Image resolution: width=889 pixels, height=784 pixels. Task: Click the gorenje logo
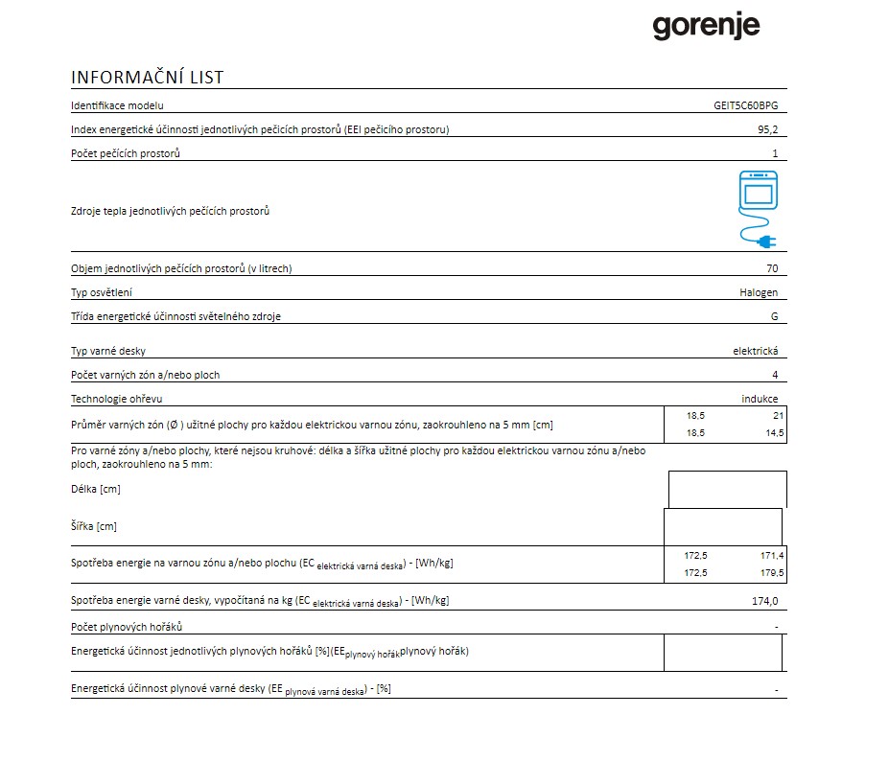[x=706, y=26]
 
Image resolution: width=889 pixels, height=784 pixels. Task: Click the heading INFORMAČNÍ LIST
[x=147, y=78]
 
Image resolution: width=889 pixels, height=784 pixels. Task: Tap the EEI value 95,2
[x=767, y=129]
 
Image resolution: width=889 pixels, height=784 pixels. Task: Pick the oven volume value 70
[x=772, y=268]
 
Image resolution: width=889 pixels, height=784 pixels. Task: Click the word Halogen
[x=760, y=292]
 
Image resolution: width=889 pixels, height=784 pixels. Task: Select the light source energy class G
[x=774, y=316]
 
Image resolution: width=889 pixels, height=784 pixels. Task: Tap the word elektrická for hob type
[x=756, y=351]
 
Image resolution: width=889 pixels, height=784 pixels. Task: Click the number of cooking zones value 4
[x=775, y=375]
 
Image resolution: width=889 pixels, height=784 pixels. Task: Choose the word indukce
[x=760, y=399]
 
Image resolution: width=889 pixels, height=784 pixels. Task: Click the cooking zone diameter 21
[x=777, y=416]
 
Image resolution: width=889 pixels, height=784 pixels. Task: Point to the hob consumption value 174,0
[x=765, y=601]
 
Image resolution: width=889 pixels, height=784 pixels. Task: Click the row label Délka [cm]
[x=96, y=489]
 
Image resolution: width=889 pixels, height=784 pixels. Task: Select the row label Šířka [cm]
[x=94, y=526]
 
